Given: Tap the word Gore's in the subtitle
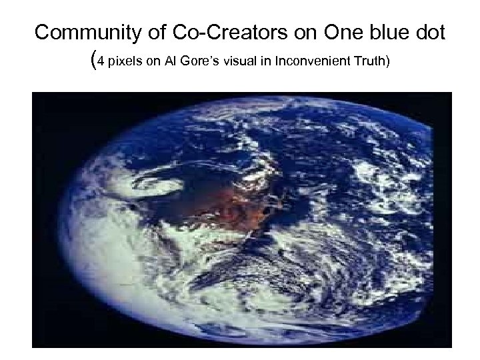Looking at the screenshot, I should (x=199, y=63).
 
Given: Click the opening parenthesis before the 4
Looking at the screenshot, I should (x=91, y=61).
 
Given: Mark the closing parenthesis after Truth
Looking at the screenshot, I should (x=387, y=63).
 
